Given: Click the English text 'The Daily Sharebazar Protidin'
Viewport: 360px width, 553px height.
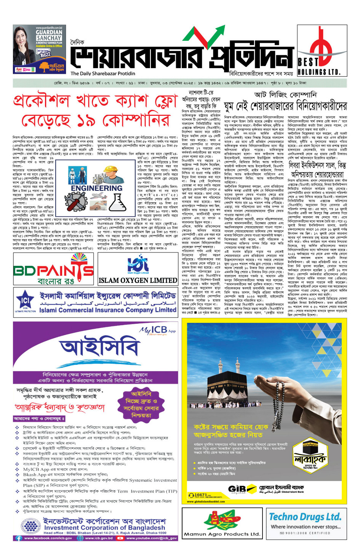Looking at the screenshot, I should tap(103, 74).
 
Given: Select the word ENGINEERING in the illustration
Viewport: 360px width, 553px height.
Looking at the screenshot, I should tap(96, 188).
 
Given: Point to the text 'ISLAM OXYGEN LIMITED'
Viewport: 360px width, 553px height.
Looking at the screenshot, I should tap(138, 281).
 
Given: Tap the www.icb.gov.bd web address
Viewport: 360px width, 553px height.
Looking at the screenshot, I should tap(99, 538).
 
